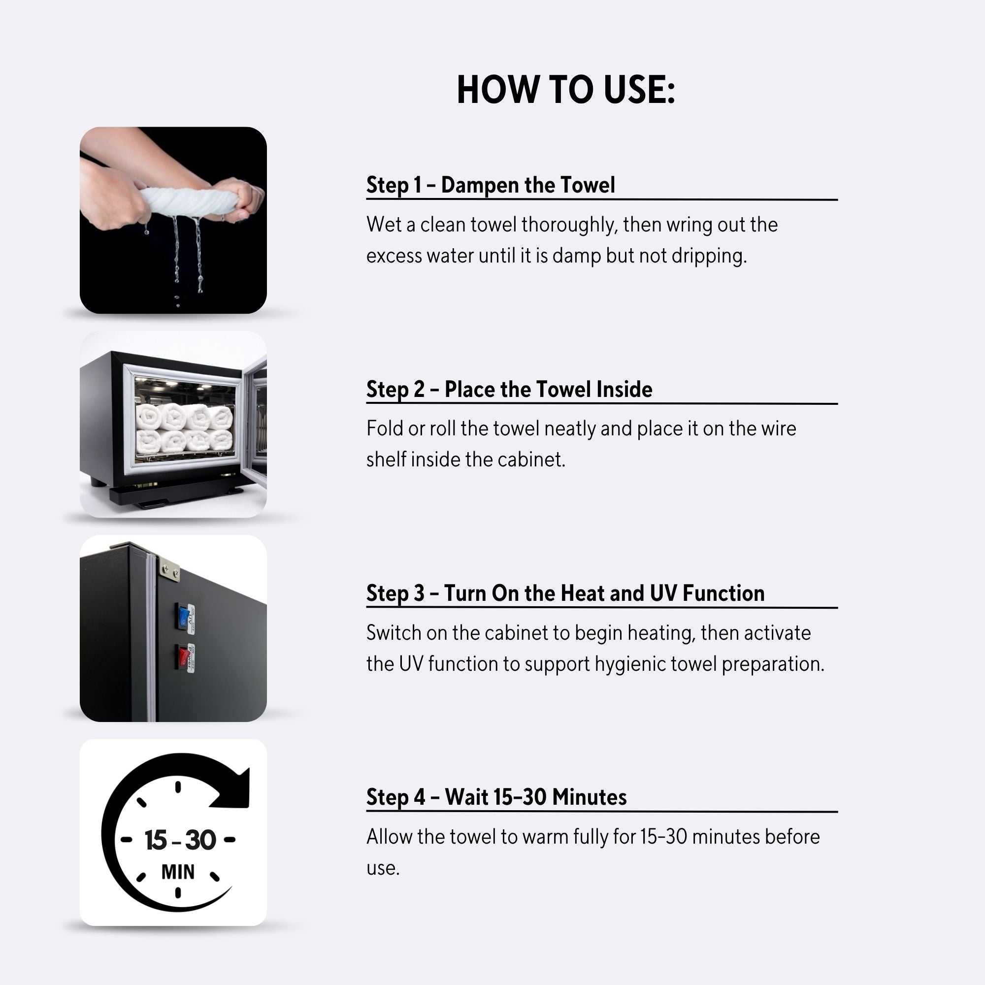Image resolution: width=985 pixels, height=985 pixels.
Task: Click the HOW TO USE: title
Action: point(566,90)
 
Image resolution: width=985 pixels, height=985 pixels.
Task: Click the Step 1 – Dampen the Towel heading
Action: point(491,185)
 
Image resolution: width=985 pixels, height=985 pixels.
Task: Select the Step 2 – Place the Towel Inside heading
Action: point(509,389)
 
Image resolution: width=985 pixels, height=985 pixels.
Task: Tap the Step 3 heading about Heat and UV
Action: point(565,593)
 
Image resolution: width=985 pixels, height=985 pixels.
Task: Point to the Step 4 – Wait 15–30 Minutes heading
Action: point(496,797)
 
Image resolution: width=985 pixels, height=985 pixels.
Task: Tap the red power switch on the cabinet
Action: point(183,657)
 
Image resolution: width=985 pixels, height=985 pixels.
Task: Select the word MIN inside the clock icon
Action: point(178,872)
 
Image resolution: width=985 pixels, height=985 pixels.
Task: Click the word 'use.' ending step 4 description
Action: point(383,868)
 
